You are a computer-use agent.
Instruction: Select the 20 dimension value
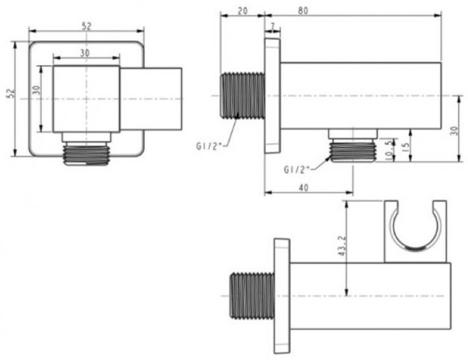(x=242, y=10)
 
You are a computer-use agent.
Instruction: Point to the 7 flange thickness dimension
(x=272, y=26)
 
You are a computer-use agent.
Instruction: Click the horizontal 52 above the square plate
(x=87, y=25)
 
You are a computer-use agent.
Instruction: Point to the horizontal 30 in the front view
(x=85, y=53)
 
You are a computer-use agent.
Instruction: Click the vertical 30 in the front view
(x=37, y=90)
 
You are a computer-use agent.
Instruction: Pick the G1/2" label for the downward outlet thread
(x=296, y=170)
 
